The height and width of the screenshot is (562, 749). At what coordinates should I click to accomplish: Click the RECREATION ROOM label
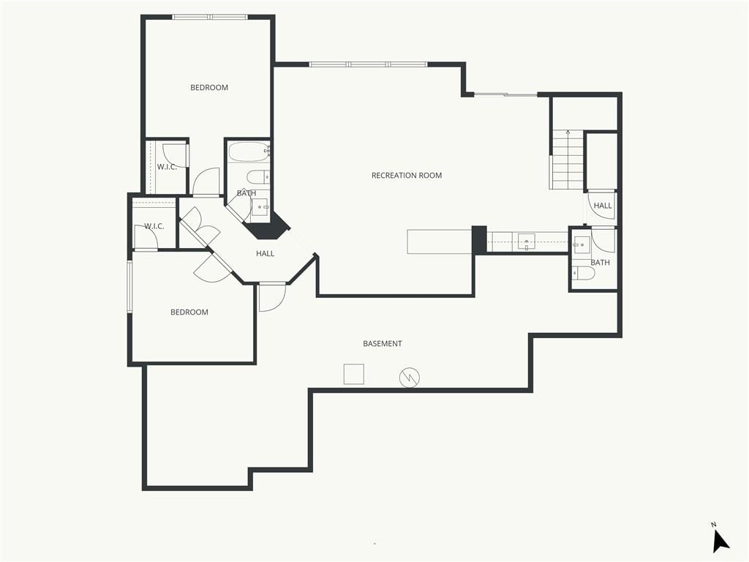407,176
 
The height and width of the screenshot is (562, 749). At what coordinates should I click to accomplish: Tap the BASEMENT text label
382,344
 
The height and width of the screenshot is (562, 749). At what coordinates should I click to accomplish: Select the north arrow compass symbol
720,540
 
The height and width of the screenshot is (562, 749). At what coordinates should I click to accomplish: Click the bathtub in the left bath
249,152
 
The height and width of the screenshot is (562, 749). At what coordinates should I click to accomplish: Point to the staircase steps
568,160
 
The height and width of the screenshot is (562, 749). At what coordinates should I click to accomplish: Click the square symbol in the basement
354,374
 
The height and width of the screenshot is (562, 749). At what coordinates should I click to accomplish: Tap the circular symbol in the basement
410,378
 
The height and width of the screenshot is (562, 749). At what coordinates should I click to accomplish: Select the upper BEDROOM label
209,88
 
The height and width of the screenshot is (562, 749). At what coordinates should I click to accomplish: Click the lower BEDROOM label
189,312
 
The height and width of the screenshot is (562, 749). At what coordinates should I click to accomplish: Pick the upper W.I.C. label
167,167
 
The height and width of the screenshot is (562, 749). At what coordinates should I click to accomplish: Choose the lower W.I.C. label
154,226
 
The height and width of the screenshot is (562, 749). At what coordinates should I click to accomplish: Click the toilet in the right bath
583,274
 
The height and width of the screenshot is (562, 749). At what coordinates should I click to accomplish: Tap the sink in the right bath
581,244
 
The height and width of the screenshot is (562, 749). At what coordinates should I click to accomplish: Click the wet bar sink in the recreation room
527,241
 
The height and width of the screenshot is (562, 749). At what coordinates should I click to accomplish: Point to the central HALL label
265,253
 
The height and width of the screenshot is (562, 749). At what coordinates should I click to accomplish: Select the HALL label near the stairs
603,206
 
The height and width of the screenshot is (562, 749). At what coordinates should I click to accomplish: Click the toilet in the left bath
257,177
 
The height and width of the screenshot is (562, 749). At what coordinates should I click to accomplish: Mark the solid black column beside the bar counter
479,240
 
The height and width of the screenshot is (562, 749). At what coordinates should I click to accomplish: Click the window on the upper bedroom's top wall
210,18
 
